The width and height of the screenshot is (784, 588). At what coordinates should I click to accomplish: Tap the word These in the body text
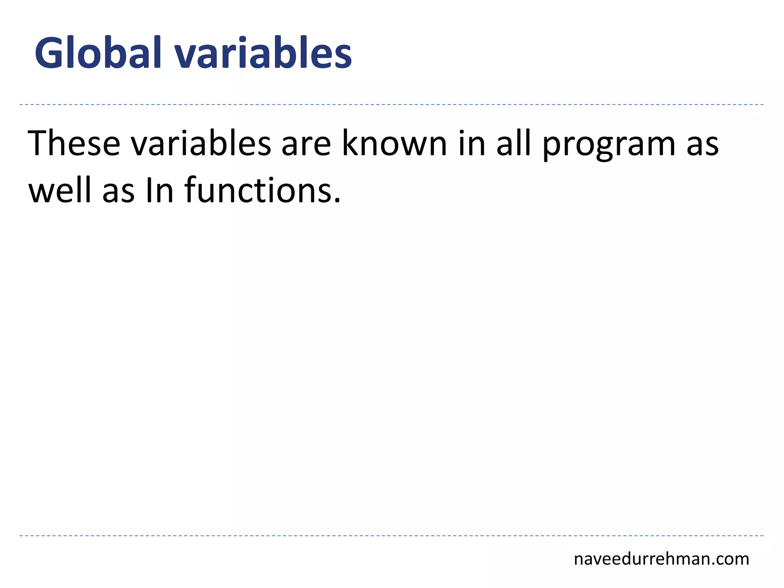(74, 144)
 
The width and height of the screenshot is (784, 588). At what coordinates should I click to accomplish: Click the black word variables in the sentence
(201, 144)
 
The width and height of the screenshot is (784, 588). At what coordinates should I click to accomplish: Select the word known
(394, 144)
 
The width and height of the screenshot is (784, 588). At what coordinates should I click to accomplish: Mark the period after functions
(337, 200)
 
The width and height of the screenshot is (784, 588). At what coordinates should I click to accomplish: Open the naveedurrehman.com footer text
(661, 559)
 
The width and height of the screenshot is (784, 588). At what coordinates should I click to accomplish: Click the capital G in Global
(49, 53)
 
